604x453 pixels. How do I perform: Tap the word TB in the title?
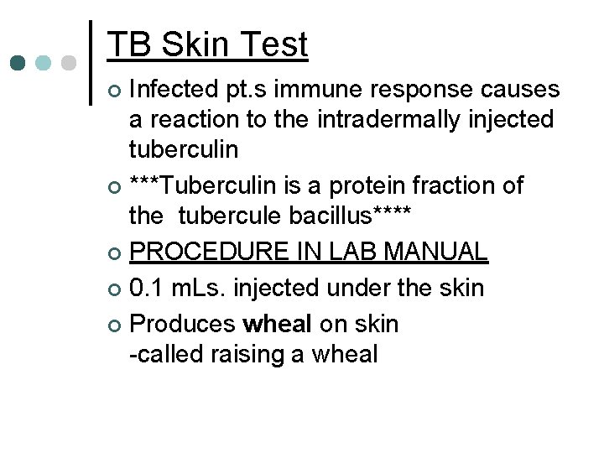pyautogui.click(x=128, y=44)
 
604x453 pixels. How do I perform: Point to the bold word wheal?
pyautogui.click(x=276, y=323)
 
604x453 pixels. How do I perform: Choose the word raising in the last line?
pyautogui.click(x=250, y=354)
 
